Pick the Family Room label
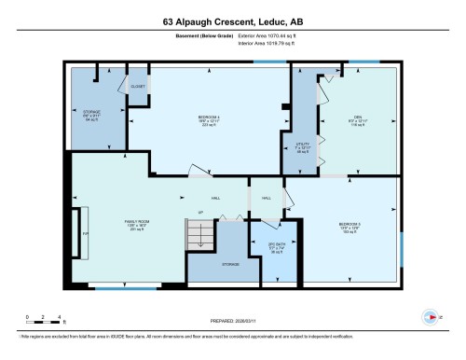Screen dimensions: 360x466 pos(136,225)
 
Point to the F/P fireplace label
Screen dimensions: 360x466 pos(85,233)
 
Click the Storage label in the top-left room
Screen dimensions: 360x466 pos(92,116)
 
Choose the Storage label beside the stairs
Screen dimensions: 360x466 pos(230,265)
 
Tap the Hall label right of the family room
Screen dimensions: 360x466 pos(214,199)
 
